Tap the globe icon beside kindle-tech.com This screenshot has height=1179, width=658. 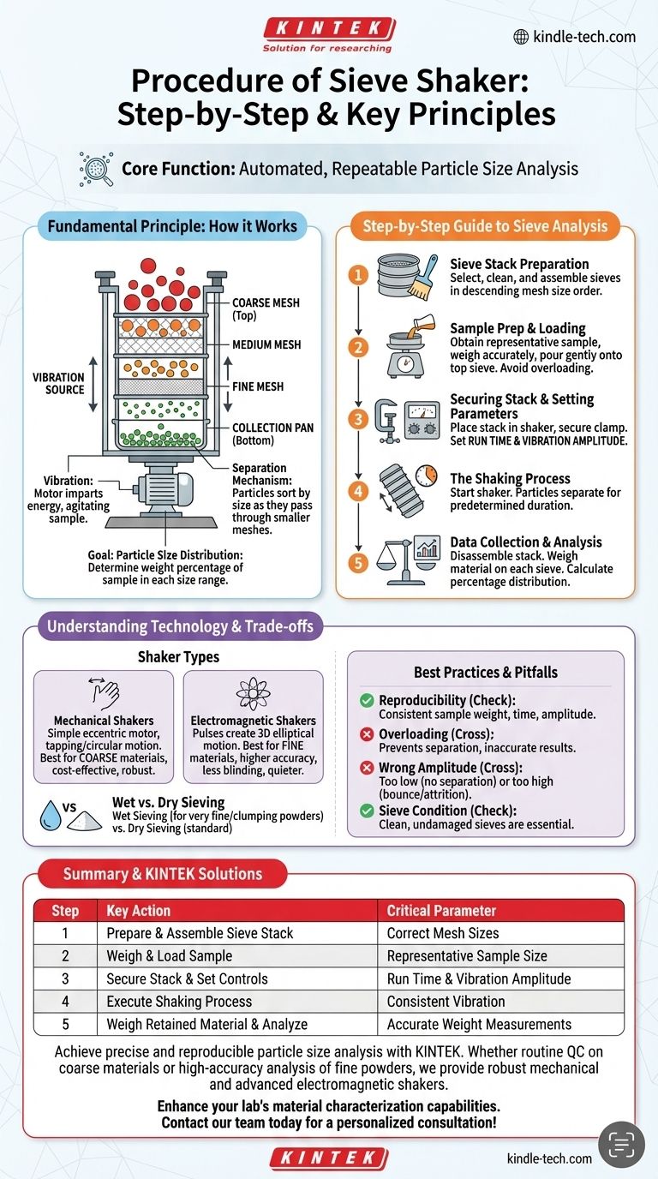point(520,37)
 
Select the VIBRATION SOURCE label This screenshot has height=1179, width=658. point(58,383)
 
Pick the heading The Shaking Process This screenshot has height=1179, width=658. point(510,478)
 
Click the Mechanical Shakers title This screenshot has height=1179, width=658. point(103,721)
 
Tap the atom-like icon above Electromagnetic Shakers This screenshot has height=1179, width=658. point(253,690)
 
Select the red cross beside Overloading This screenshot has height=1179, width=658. point(367,734)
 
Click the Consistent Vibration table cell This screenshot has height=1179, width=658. point(446,1001)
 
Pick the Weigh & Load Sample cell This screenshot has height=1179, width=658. point(169,955)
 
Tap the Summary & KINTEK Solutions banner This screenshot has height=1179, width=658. point(163,874)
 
